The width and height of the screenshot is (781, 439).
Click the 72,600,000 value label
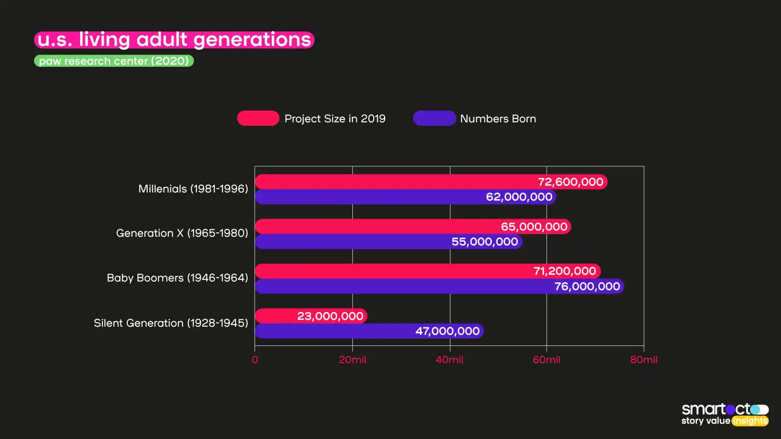[570, 182]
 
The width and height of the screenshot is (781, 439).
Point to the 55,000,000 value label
[484, 242]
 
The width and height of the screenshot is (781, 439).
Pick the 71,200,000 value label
[565, 271]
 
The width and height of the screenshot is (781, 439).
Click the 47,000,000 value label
[447, 331]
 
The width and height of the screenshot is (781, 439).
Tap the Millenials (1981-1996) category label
[193, 189]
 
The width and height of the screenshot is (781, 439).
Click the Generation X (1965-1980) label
[182, 233]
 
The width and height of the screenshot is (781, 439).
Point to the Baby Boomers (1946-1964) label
[177, 278]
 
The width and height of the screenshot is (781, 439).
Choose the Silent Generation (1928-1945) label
[171, 323]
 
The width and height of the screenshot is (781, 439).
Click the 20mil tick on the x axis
[352, 360]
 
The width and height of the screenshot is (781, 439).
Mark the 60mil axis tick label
[546, 360]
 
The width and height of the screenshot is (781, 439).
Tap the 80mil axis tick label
[644, 360]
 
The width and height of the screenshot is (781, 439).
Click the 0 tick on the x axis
[255, 360]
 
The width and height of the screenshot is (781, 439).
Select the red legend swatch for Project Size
[258, 118]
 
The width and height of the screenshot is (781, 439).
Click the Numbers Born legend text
[498, 119]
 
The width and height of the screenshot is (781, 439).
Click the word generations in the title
[252, 40]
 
